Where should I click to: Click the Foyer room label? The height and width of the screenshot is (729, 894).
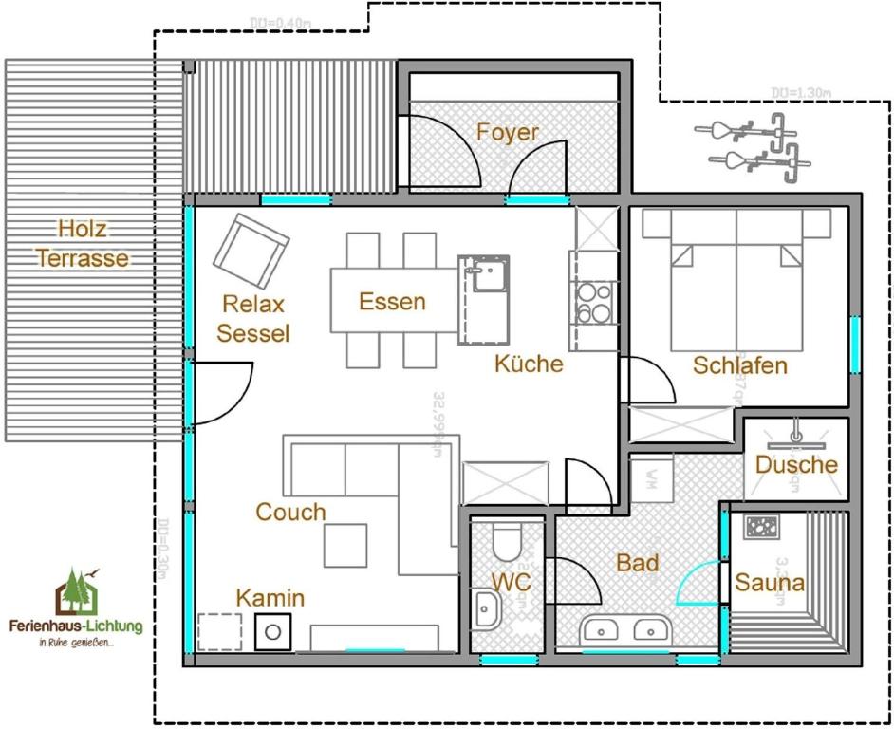point(507,132)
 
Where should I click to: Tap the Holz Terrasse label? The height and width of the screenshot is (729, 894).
point(81,244)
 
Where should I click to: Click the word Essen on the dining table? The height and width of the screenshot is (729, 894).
point(392,302)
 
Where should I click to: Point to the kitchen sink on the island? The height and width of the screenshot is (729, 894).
point(484,274)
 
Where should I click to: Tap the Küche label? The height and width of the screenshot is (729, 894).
point(529,364)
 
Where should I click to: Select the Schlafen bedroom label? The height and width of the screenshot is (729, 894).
point(739,365)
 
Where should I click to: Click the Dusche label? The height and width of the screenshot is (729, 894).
point(796,464)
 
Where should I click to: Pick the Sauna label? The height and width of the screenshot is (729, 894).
point(770,582)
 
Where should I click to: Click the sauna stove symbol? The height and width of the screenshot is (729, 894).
point(760,527)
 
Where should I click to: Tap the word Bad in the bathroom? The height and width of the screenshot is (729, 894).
point(637,563)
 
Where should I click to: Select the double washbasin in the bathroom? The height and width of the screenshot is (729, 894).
point(626,628)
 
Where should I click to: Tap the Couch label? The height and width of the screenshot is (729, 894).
point(290,513)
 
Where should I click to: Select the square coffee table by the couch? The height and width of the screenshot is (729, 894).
point(345,545)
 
